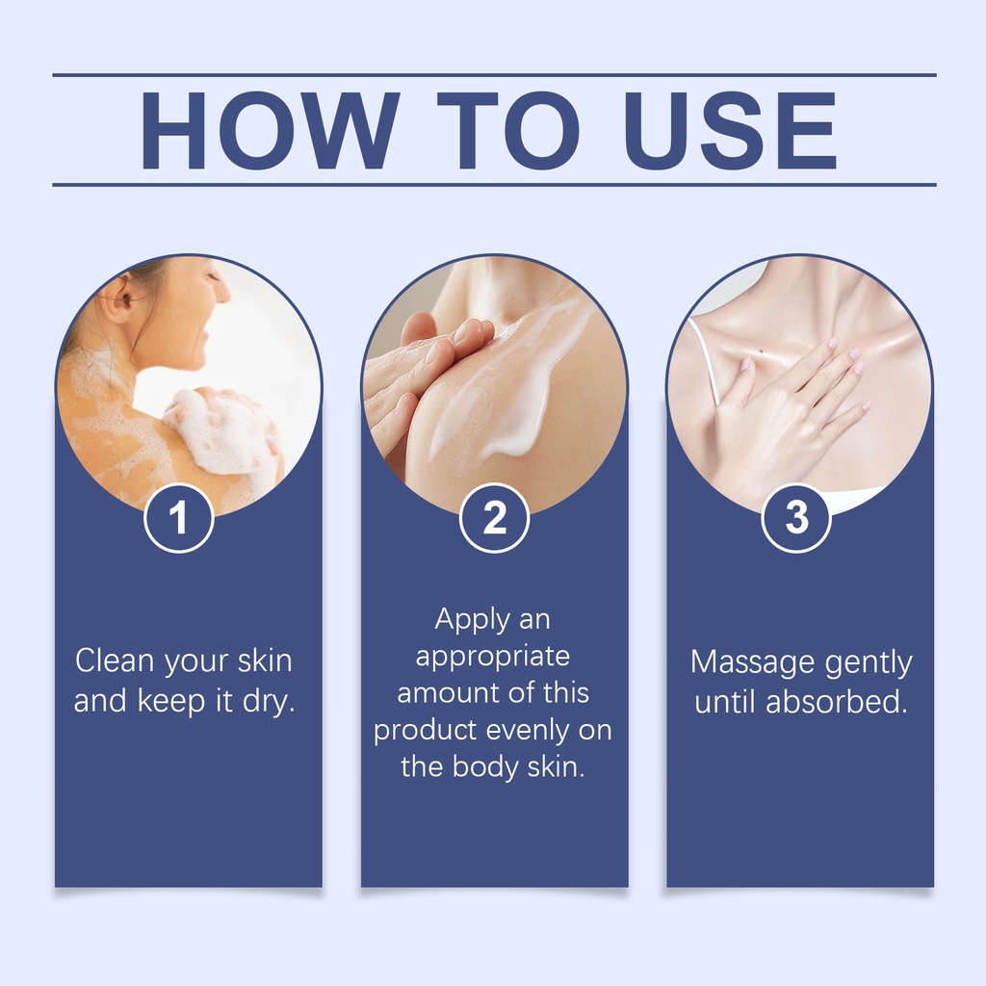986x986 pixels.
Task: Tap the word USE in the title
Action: (x=731, y=130)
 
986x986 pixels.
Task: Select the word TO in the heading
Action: (x=508, y=130)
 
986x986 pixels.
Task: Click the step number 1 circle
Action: (x=179, y=518)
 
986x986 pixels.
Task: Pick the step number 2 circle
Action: (x=494, y=518)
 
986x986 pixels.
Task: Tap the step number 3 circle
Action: (x=796, y=518)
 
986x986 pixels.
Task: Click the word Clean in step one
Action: (x=115, y=661)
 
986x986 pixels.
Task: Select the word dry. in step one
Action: (x=270, y=701)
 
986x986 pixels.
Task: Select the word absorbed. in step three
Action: (x=837, y=702)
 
